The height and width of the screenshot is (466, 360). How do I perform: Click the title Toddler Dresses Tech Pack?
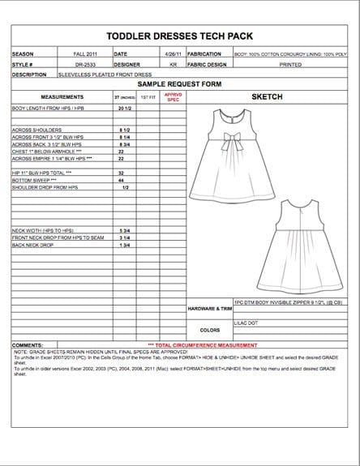tap(180, 36)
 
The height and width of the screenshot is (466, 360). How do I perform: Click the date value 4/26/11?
tap(174, 54)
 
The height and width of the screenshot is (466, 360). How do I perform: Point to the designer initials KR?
tap(174, 63)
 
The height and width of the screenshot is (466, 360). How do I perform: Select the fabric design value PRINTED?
tap(289, 63)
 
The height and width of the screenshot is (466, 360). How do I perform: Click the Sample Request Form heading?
tap(180, 83)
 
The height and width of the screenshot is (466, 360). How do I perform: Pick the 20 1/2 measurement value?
tap(125, 107)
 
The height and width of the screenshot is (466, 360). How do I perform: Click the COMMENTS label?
tap(28, 344)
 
